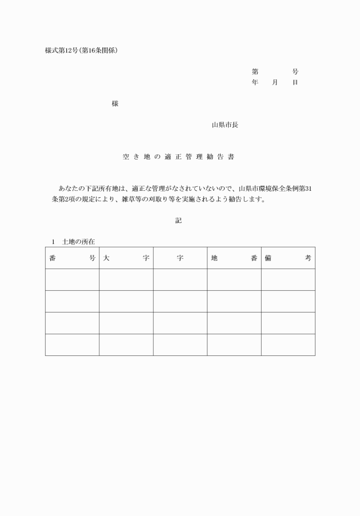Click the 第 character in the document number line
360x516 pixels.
tap(255, 72)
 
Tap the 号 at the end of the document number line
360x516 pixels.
tap(295, 72)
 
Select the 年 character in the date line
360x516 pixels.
tap(255, 83)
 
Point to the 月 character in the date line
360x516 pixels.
tap(275, 83)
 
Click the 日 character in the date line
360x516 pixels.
tap(295, 83)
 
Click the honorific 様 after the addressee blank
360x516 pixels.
tap(115, 103)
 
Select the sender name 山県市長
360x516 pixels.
tap(225, 125)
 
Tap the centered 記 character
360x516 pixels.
tap(178, 220)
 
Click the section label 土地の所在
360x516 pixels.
tap(78, 241)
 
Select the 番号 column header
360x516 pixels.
tap(72, 258)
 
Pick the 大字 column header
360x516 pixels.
tap(126, 258)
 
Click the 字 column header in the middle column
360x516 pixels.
tap(180, 258)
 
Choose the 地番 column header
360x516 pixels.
tap(234, 258)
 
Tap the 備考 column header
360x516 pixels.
tap(288, 258)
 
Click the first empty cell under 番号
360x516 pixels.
tap(72, 279)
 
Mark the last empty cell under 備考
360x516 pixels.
tap(288, 345)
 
